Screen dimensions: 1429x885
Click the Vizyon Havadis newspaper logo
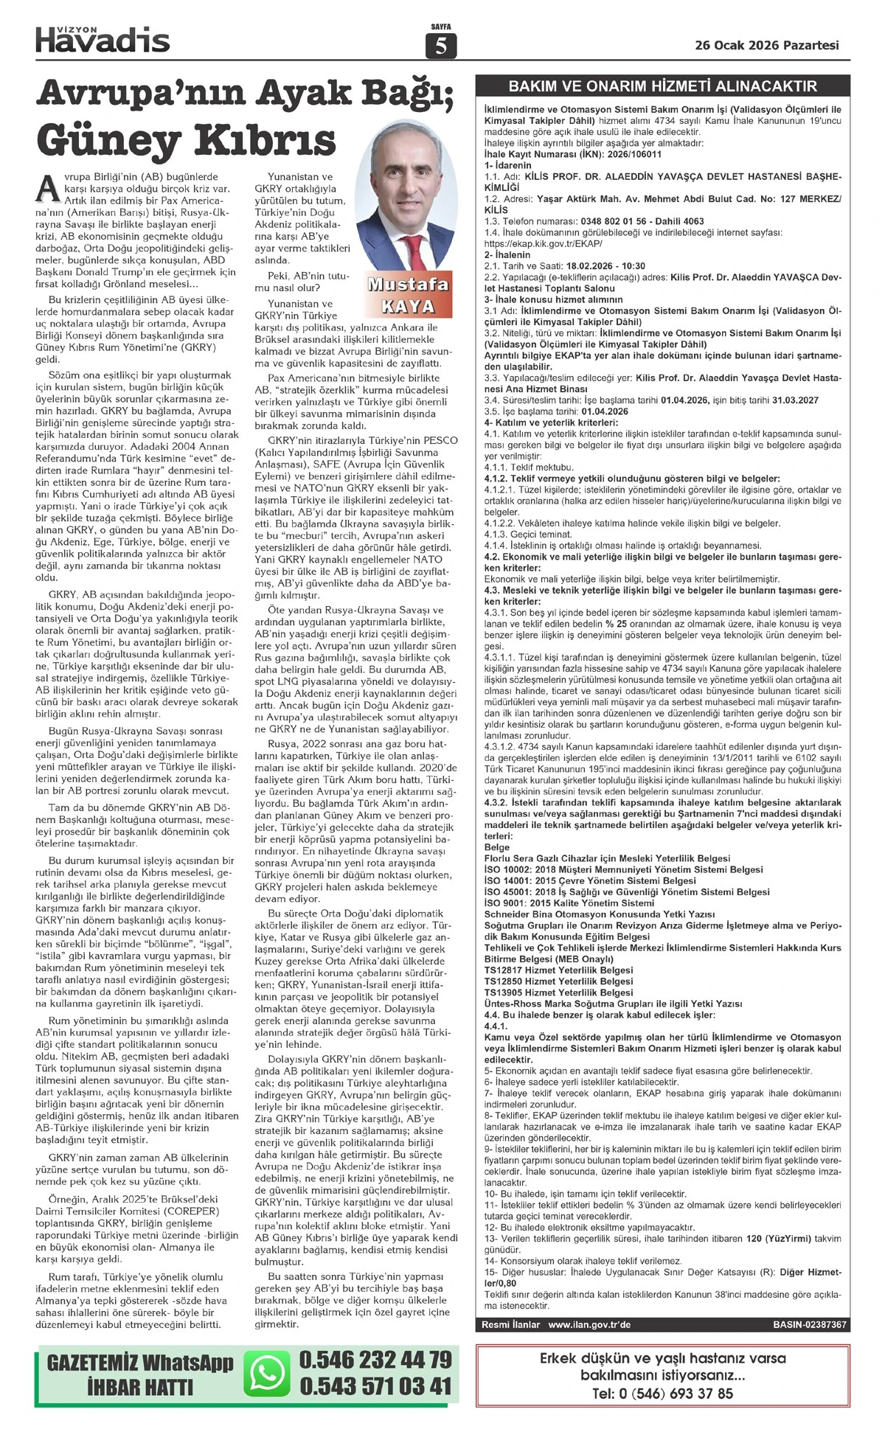click(x=103, y=38)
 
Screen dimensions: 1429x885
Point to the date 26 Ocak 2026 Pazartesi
click(x=767, y=45)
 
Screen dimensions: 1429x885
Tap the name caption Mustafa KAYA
click(x=408, y=295)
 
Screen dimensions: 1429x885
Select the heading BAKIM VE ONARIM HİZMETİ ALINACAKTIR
click(x=663, y=86)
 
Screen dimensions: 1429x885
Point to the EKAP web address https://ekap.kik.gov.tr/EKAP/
click(x=544, y=243)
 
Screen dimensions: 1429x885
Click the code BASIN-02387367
click(x=809, y=1324)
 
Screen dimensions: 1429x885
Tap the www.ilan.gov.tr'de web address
click(x=589, y=1324)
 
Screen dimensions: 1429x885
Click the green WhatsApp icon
click(x=267, y=1374)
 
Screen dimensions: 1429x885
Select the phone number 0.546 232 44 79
click(x=375, y=1359)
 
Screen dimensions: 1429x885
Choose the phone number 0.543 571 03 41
click(x=375, y=1387)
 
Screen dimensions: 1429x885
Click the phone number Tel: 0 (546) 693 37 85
click(x=662, y=1393)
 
